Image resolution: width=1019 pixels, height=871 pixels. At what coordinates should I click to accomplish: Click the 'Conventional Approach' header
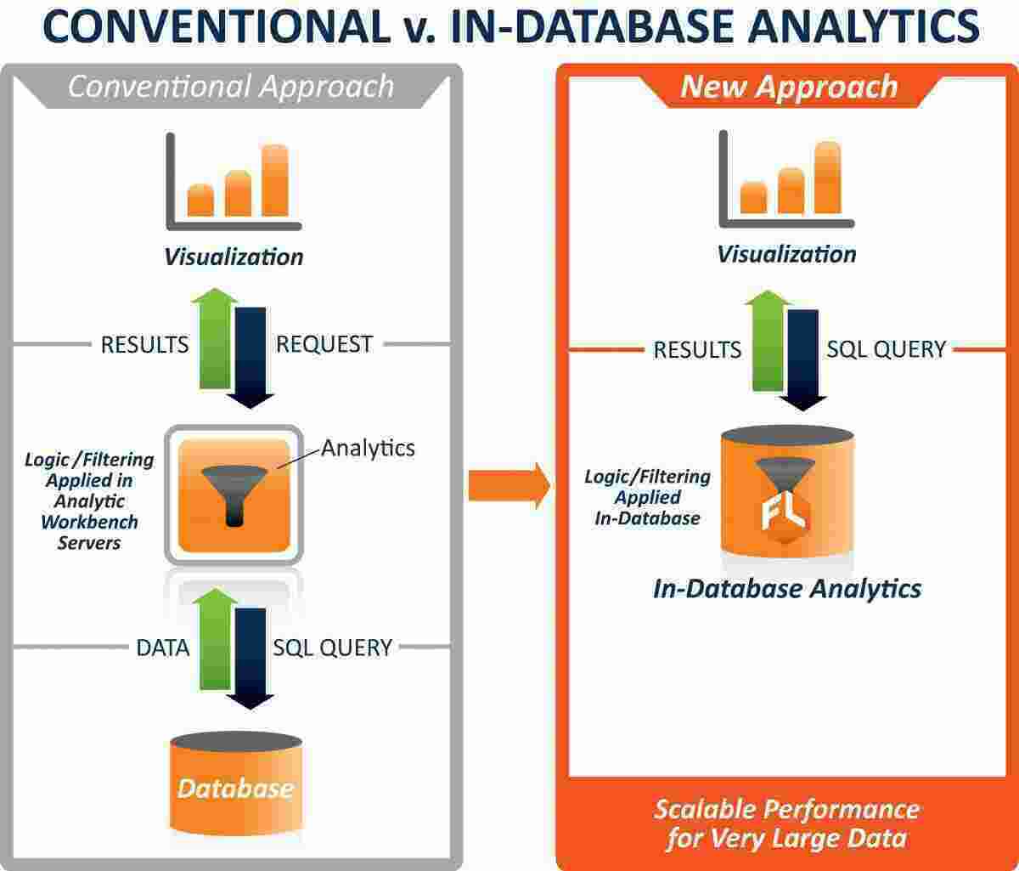coord(231,87)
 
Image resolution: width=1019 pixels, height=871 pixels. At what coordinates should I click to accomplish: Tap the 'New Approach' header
coord(789,87)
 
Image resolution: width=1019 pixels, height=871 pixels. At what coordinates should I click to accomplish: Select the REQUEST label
coord(324,344)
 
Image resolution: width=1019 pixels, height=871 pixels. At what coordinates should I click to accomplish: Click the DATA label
coord(162,648)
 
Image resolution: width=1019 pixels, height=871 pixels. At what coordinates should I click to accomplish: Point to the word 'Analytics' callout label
coord(368,447)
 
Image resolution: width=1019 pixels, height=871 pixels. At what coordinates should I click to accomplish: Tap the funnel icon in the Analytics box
coord(233,493)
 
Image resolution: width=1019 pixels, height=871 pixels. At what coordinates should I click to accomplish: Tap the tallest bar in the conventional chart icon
coord(275,180)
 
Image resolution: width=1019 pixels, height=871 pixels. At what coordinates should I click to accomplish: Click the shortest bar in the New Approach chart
coord(753,196)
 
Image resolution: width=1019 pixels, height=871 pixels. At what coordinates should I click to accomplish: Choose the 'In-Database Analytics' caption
coord(786,588)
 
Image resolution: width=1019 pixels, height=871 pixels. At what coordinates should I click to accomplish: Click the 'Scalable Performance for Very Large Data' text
coord(785,823)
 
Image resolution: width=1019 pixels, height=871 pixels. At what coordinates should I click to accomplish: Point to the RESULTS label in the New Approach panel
coord(697,349)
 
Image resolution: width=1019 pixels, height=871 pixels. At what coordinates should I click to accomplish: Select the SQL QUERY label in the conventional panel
coord(332,648)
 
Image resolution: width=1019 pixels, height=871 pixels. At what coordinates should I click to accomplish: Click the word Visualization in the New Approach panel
coord(786,254)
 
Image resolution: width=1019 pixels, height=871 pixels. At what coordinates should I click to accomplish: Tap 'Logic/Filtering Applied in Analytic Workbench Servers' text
coord(89,501)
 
